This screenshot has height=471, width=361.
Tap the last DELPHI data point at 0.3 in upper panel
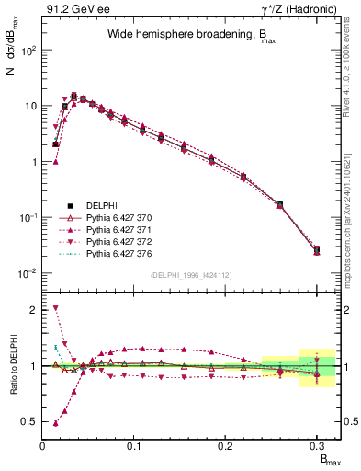[x=317, y=249]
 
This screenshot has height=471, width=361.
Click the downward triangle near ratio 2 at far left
[x=56, y=308]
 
